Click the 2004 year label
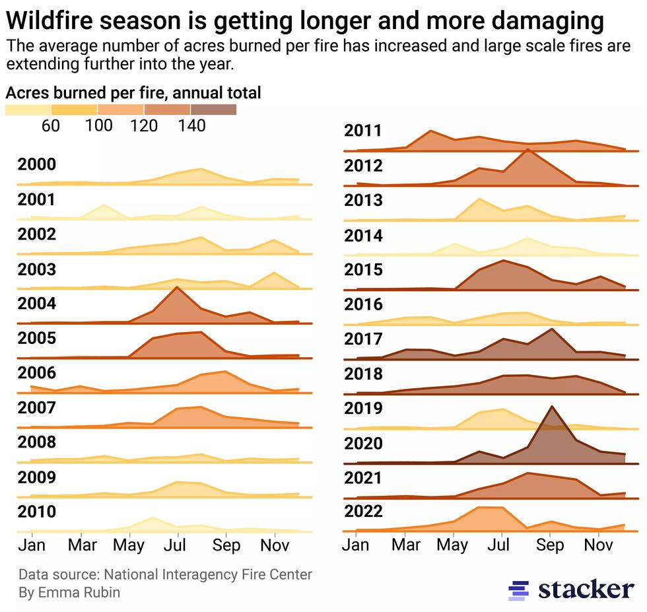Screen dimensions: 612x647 36,304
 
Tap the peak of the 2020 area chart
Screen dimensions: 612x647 551,407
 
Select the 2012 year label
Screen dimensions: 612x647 363,165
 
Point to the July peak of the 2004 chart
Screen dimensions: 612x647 176,288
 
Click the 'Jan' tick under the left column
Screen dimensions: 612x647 31,545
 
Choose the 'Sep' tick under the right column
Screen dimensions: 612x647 550,545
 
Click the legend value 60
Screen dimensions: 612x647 51,125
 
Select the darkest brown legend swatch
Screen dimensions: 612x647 213,110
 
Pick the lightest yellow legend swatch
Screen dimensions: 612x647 28,110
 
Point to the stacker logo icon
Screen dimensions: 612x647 519,590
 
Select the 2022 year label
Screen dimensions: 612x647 363,512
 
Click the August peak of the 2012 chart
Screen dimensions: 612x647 527,150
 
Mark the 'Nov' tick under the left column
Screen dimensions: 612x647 273,545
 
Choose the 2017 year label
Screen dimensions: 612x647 363,339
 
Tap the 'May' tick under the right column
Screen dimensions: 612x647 454,545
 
